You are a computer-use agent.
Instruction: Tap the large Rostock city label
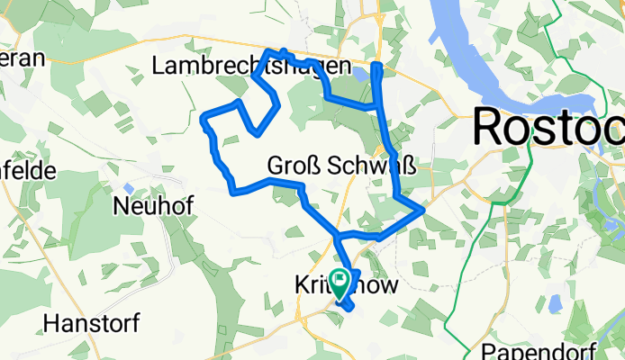click(548, 126)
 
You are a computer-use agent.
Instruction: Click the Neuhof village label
click(153, 206)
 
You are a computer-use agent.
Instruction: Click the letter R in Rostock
click(491, 126)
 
